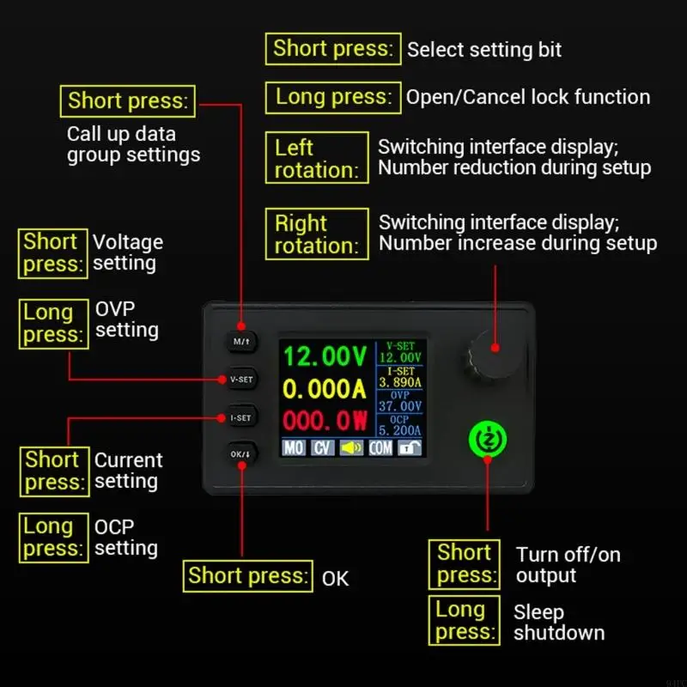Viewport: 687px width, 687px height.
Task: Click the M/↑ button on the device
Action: (241, 341)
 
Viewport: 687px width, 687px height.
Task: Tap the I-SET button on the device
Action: (241, 417)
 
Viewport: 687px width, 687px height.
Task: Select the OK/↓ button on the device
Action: (241, 455)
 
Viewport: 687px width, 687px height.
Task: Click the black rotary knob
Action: (495, 348)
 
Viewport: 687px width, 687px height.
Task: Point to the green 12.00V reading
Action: (325, 356)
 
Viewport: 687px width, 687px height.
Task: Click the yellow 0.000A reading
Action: (325, 389)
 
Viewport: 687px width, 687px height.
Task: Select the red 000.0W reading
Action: (325, 421)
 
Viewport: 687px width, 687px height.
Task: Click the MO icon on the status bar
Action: (294, 447)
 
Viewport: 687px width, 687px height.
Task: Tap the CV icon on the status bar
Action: (322, 447)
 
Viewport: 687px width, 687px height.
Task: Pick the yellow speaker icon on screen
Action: (351, 447)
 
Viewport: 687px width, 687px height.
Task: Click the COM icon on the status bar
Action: (380, 447)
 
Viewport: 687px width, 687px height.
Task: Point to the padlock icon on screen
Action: (410, 447)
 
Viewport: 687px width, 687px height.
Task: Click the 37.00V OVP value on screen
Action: (400, 406)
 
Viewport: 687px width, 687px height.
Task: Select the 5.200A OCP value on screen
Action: (400, 431)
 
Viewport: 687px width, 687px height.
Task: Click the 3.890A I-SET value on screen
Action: (400, 382)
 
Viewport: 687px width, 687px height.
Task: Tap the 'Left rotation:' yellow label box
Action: (316, 158)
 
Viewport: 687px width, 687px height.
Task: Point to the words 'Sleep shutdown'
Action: (558, 623)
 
